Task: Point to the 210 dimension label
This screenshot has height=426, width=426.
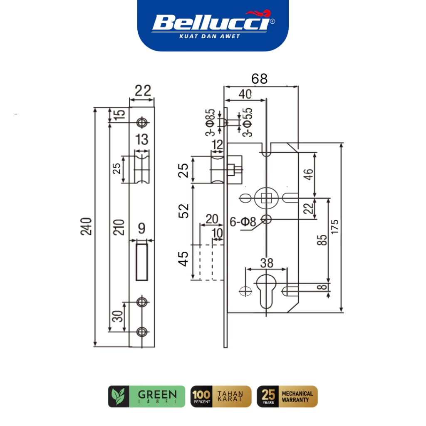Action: click(x=120, y=226)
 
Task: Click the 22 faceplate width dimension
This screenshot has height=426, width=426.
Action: click(x=142, y=91)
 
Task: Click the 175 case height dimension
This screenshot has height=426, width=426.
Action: click(x=335, y=226)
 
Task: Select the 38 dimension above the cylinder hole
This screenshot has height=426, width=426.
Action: click(x=266, y=263)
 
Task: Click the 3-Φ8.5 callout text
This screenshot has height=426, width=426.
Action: click(x=211, y=123)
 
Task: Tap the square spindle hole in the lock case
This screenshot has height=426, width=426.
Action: click(x=265, y=198)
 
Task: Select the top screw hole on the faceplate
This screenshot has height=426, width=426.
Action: click(x=142, y=122)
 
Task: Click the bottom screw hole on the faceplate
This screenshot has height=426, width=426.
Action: click(x=142, y=332)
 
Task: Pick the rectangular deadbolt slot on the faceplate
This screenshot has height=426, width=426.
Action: click(x=142, y=261)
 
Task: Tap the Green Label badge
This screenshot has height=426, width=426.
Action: click(x=146, y=396)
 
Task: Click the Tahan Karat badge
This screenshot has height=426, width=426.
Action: click(x=221, y=396)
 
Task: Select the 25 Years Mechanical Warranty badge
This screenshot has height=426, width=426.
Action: click(x=287, y=396)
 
